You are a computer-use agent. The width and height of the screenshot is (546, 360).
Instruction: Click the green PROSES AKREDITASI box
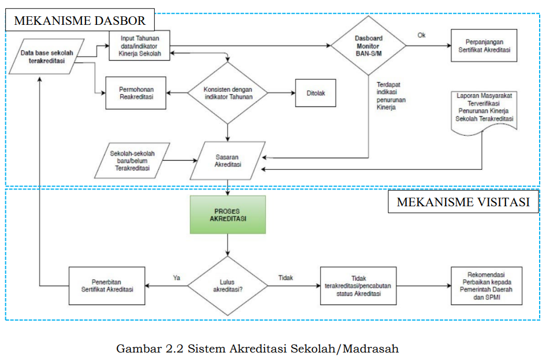(228, 214)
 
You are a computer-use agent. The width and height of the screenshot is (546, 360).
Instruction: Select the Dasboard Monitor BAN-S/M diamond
(369, 46)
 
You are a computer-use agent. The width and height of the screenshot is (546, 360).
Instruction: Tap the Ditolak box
(315, 93)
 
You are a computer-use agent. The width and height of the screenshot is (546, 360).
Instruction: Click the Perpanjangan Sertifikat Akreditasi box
(484, 46)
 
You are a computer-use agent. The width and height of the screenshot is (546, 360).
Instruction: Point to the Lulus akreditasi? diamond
(228, 286)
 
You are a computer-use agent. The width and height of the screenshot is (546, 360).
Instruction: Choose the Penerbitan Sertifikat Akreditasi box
(107, 286)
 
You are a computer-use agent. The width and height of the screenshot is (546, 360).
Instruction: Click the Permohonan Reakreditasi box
(136, 93)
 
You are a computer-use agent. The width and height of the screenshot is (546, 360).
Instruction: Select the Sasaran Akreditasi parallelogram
(228, 161)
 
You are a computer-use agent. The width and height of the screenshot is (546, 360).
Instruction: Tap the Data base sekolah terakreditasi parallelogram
(47, 57)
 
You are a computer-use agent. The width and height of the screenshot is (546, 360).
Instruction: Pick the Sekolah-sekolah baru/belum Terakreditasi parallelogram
(132, 161)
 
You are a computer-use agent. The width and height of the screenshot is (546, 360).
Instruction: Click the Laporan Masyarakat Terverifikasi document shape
(484, 112)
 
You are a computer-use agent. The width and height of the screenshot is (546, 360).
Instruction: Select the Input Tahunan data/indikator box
(140, 46)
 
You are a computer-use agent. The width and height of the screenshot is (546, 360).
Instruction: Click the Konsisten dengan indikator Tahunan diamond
(228, 93)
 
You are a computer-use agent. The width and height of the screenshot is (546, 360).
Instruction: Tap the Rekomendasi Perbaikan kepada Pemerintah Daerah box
(486, 286)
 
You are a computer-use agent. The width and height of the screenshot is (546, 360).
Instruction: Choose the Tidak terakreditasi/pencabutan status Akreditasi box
(358, 286)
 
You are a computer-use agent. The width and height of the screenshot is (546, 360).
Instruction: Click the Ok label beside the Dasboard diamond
(421, 35)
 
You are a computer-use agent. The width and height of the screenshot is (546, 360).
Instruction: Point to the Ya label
(177, 278)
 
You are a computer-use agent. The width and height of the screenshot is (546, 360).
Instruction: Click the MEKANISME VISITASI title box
(463, 202)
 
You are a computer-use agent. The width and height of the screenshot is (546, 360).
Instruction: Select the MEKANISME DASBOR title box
(80, 20)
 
